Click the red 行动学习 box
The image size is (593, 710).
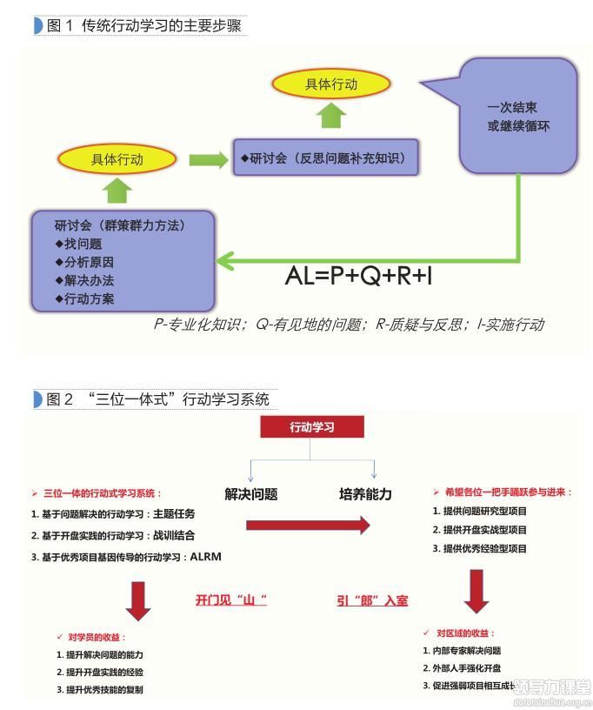[x=312, y=427]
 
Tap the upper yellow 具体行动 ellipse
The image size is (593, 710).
[x=330, y=84]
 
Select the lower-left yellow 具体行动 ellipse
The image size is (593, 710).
[x=117, y=159]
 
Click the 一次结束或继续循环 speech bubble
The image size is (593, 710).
[x=518, y=117]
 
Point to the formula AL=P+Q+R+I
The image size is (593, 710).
[x=358, y=277]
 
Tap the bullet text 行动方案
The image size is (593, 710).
[x=89, y=298]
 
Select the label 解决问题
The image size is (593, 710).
[x=251, y=494]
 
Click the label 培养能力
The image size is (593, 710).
[x=365, y=494]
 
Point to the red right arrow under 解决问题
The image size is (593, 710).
[x=309, y=526]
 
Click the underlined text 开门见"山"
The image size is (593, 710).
[x=230, y=600]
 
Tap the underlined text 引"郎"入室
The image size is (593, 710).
[x=372, y=600]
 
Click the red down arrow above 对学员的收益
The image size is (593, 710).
[x=138, y=599]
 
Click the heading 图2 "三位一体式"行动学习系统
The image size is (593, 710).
[x=157, y=399]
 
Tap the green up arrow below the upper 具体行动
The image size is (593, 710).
[x=330, y=115]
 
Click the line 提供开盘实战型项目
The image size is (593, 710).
[x=485, y=530]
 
